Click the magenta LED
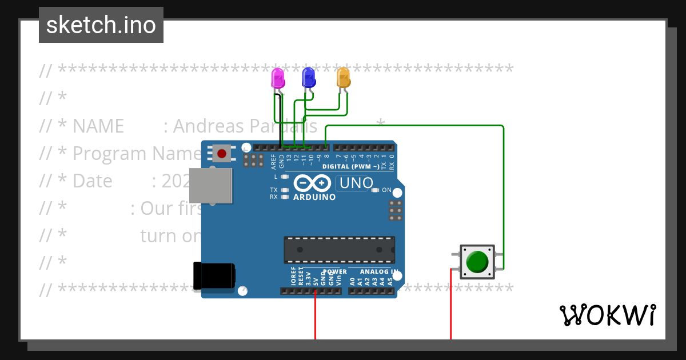point(277,78)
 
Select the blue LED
point(309,77)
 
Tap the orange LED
point(343,77)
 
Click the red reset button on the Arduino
point(222,153)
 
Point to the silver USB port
point(211,185)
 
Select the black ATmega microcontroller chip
point(339,250)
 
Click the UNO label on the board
point(357,183)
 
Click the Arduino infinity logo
point(313,183)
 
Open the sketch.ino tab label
point(101,25)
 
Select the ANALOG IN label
point(378,272)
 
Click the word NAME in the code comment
point(98,126)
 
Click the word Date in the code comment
point(92,181)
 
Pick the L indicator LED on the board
point(285,177)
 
